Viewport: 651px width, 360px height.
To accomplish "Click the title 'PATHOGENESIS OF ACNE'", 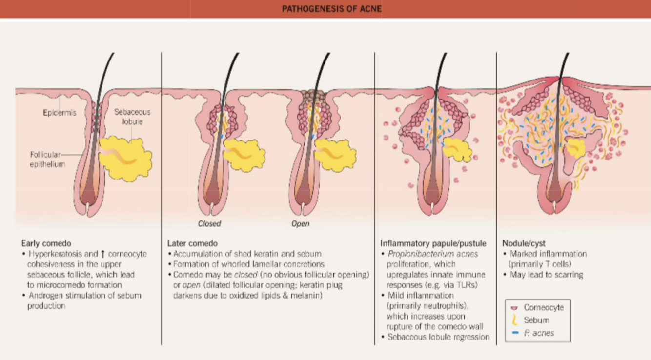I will pyautogui.click(x=331, y=9).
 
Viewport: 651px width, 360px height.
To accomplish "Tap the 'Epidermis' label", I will pyautogui.click(x=59, y=113).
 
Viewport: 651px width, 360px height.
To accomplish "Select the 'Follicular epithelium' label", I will pyautogui.click(x=47, y=159).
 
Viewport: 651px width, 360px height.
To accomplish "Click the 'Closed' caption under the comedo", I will pyautogui.click(x=209, y=224).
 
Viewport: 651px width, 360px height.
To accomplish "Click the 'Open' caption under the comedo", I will pyautogui.click(x=300, y=224).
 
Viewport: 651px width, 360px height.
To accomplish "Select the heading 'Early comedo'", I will pyautogui.click(x=46, y=243).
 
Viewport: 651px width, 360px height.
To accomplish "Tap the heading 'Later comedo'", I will pyautogui.click(x=192, y=243).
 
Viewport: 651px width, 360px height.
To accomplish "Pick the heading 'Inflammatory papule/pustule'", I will pyautogui.click(x=433, y=243).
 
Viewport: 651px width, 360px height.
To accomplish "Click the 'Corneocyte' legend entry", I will pyautogui.click(x=543, y=308).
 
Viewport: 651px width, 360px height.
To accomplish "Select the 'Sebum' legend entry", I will pyautogui.click(x=536, y=320).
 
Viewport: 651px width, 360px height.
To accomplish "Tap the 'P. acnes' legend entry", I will pyautogui.click(x=539, y=333).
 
